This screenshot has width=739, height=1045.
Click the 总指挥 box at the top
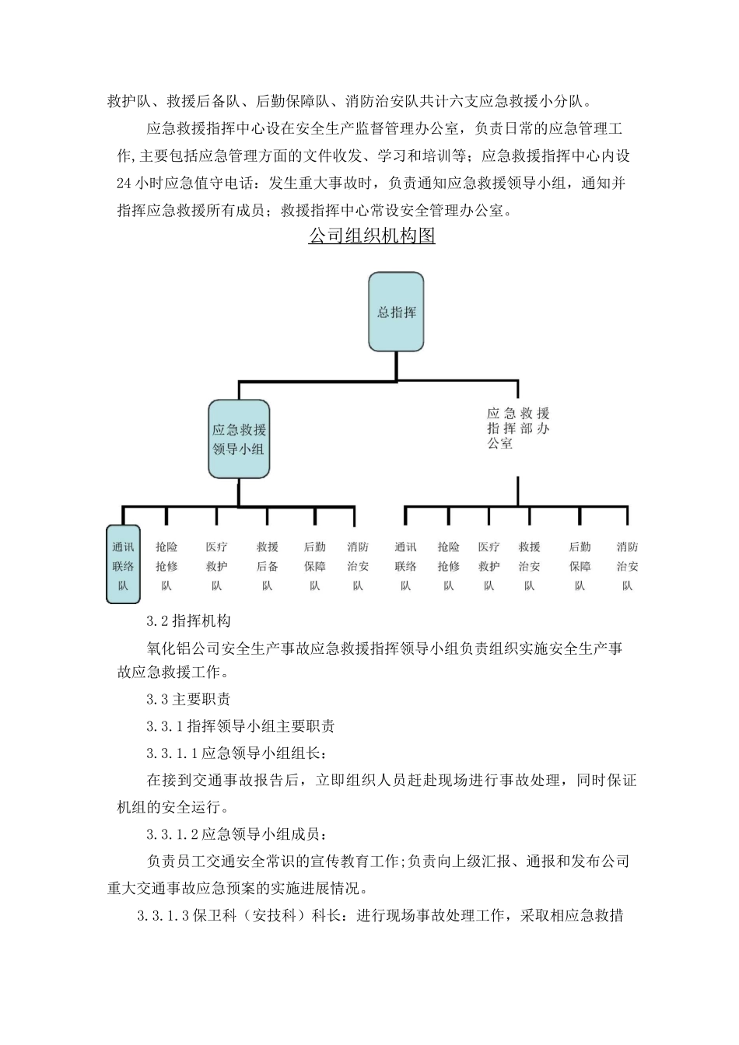tap(396, 312)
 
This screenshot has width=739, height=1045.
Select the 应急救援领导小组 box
tap(239, 439)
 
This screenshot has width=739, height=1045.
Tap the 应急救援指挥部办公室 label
tap(517, 428)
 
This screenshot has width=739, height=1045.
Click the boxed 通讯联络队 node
tap(123, 565)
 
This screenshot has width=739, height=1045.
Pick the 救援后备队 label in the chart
tap(267, 566)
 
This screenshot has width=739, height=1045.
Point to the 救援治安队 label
tap(529, 566)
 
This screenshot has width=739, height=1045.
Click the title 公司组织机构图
tap(372, 236)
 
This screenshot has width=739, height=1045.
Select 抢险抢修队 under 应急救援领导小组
tap(166, 566)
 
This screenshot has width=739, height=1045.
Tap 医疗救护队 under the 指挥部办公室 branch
tap(489, 566)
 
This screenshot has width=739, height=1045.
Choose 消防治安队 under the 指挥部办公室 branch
tap(627, 566)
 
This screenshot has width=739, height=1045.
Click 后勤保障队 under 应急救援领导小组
tap(314, 566)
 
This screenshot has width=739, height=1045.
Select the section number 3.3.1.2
tap(173, 834)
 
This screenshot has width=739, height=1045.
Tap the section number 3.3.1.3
tap(163, 916)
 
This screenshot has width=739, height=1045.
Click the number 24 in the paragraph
tap(124, 183)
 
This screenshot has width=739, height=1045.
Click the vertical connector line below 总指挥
tap(396, 365)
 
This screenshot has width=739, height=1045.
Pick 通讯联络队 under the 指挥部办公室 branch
tap(405, 566)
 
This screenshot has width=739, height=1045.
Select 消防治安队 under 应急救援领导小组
tap(358, 566)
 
